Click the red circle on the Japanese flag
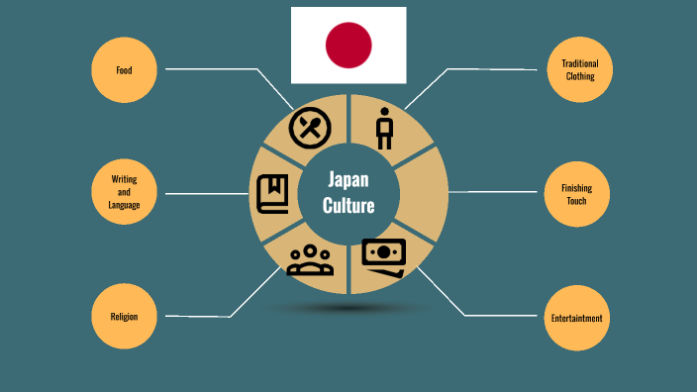click(348, 45)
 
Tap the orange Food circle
click(124, 70)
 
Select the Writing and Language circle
click(124, 192)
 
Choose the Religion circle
click(124, 317)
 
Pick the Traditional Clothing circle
click(580, 70)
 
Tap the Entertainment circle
click(577, 318)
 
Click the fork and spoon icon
click(309, 127)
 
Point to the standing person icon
click(385, 129)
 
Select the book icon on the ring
click(272, 194)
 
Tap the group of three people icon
click(310, 260)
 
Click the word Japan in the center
click(348, 180)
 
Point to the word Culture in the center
click(348, 206)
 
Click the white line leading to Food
click(213, 69)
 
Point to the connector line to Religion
click(198, 316)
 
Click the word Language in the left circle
click(124, 205)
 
